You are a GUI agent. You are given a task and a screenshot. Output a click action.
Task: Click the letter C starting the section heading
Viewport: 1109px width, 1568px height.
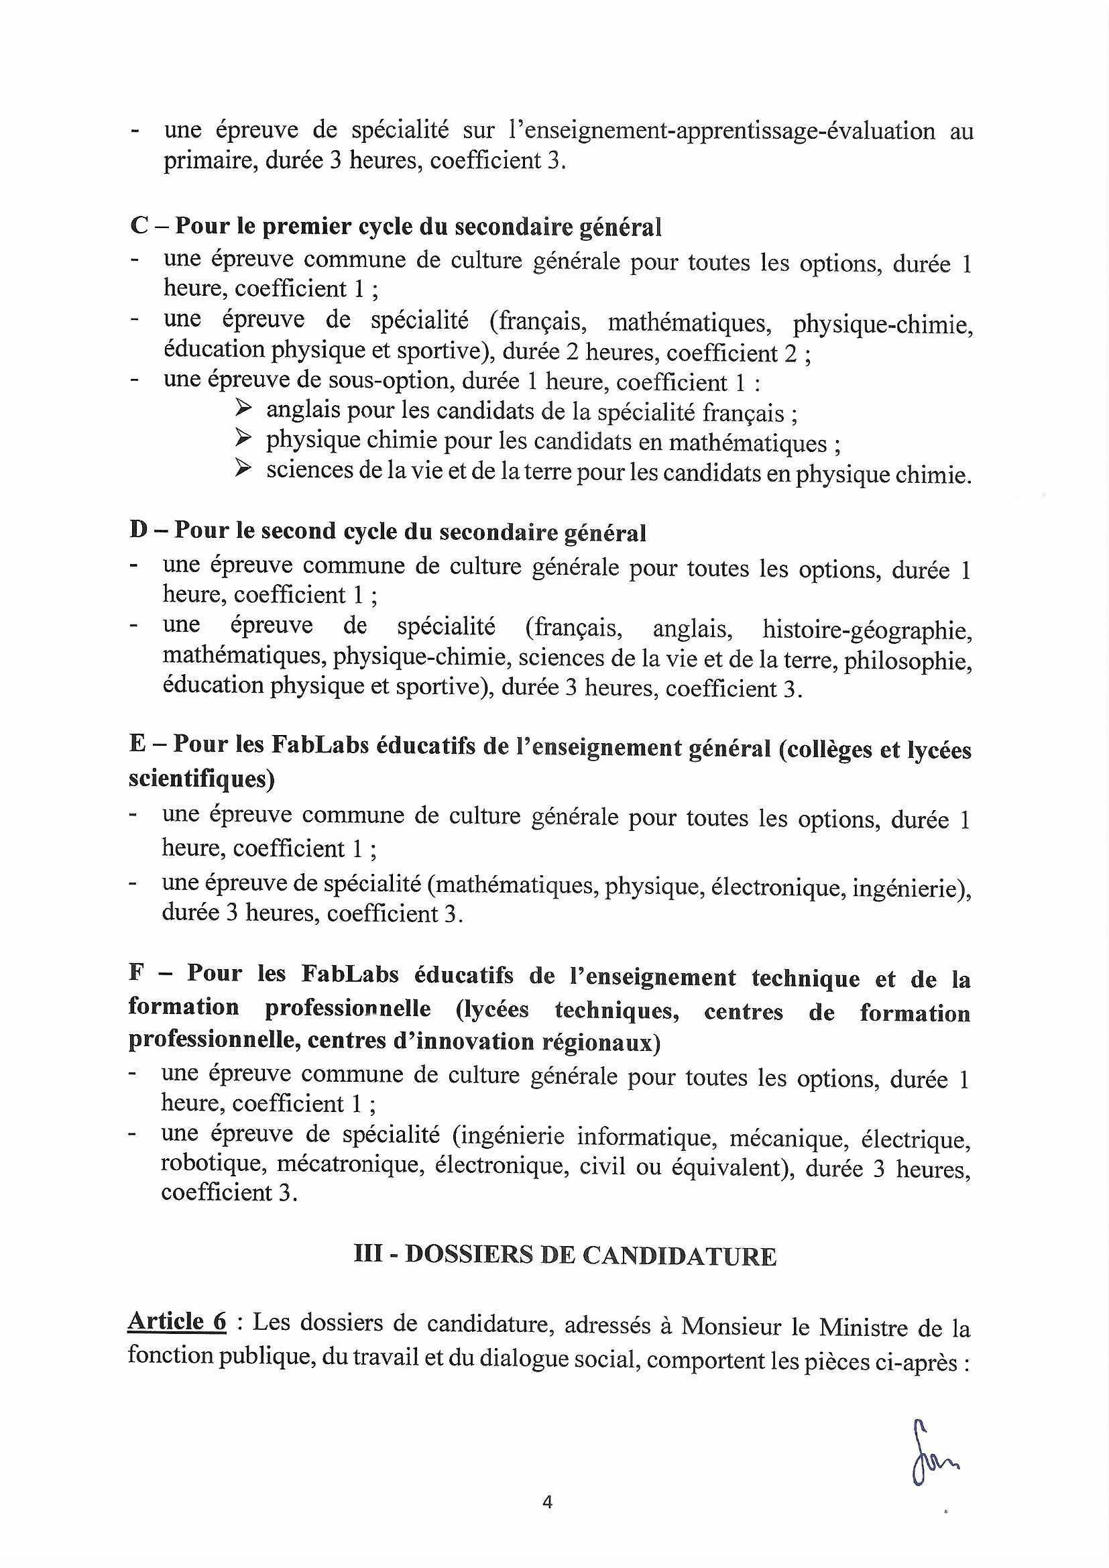point(139,226)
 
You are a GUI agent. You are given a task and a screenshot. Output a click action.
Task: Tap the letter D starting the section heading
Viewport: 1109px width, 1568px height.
point(139,530)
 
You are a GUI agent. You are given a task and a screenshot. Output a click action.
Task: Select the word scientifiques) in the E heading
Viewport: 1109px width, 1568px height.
point(201,779)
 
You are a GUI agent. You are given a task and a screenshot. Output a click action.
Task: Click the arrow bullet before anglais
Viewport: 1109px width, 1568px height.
point(243,410)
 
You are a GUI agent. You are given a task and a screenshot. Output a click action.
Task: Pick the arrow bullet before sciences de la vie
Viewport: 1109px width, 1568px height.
point(243,470)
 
